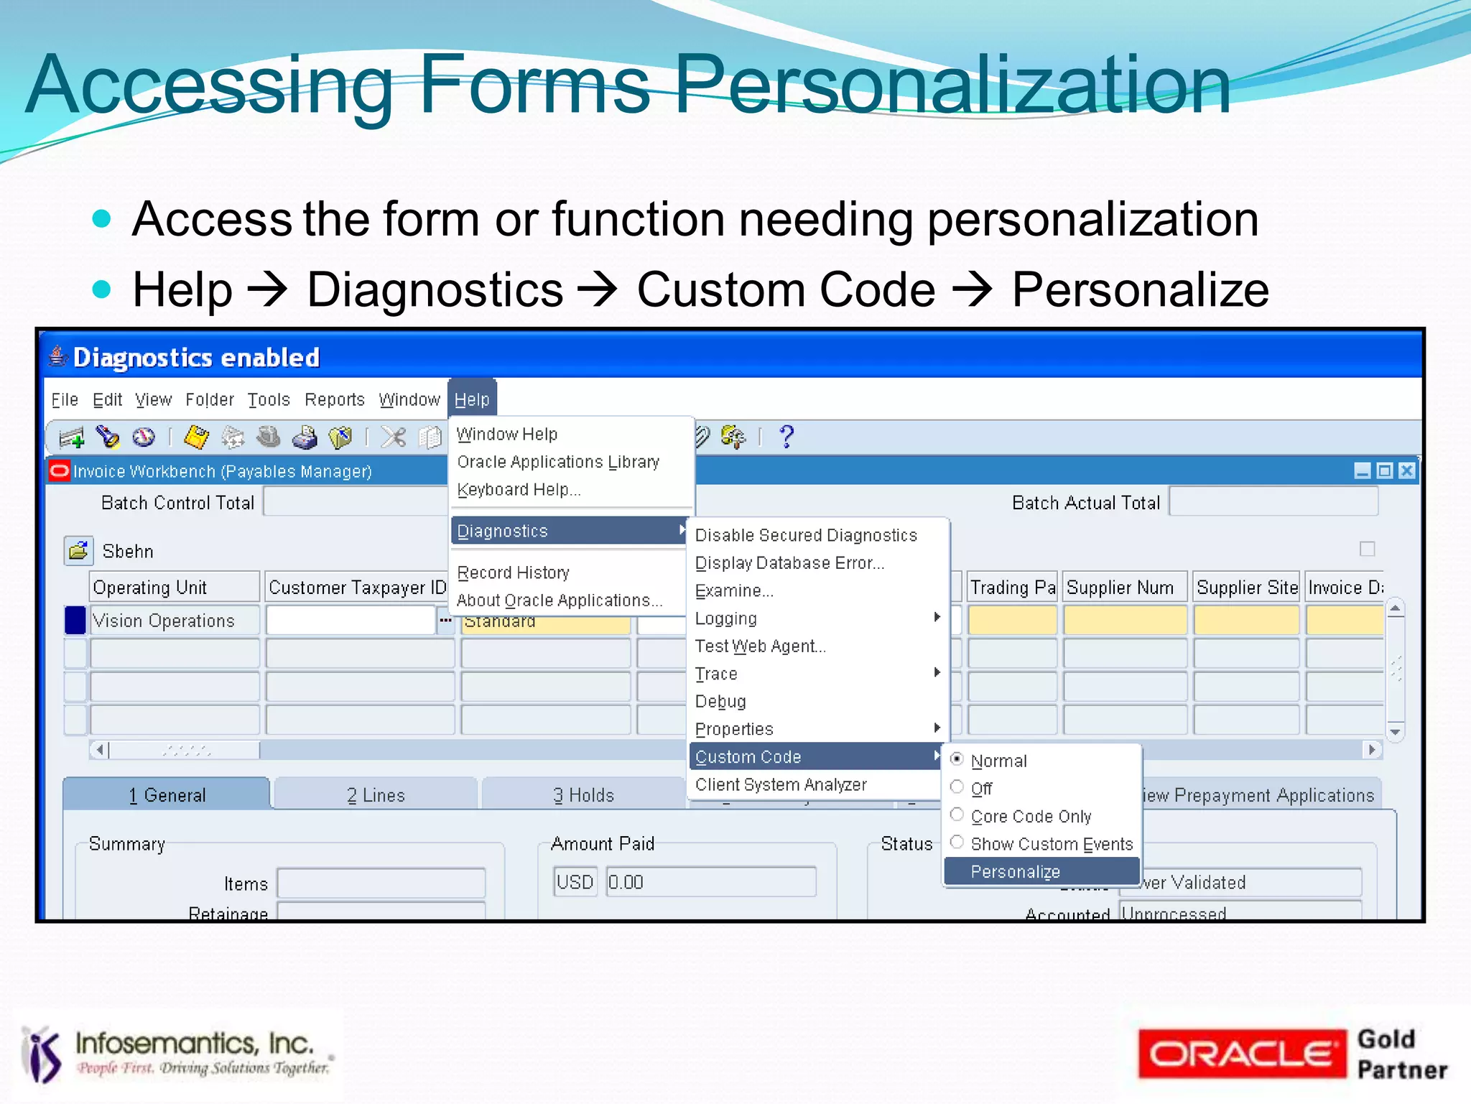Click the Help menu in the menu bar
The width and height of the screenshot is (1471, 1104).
[472, 399]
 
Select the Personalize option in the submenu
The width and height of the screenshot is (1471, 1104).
[1014, 871]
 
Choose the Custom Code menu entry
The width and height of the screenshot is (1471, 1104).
[748, 756]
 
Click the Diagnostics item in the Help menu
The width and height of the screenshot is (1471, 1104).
[502, 531]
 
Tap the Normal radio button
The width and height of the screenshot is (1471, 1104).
[957, 759]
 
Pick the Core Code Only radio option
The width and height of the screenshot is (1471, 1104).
[957, 815]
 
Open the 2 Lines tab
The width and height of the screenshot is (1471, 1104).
[376, 795]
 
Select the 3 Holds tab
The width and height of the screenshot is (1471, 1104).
[583, 795]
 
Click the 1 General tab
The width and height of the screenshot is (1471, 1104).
[167, 795]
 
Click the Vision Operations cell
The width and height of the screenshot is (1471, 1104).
[173, 621]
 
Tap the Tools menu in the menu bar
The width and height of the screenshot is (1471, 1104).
[269, 399]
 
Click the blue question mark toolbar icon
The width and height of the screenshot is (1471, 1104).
[786, 436]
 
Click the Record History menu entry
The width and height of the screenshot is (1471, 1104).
[513, 572]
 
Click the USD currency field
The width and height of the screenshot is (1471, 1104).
[575, 882]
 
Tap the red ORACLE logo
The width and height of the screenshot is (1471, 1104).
[1241, 1054]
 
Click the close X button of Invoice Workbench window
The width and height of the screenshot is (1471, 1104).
[1407, 470]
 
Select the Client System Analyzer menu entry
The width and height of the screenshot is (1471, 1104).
[781, 784]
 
